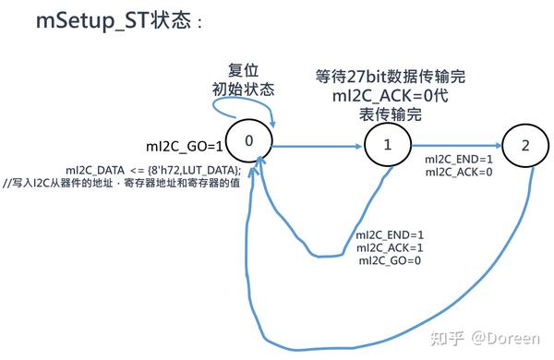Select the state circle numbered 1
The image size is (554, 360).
pos(388,145)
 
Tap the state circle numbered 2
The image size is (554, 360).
pos(524,145)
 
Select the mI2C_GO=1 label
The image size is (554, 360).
pos(185,145)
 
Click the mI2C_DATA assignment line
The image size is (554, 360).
pos(153,170)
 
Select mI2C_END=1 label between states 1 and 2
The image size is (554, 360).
pos(459,160)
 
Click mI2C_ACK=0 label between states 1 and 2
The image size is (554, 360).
pos(459,173)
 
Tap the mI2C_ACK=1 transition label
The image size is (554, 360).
pos(390,247)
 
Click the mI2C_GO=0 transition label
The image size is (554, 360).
pos(389,260)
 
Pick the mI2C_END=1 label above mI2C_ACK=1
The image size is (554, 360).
pos(390,234)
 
